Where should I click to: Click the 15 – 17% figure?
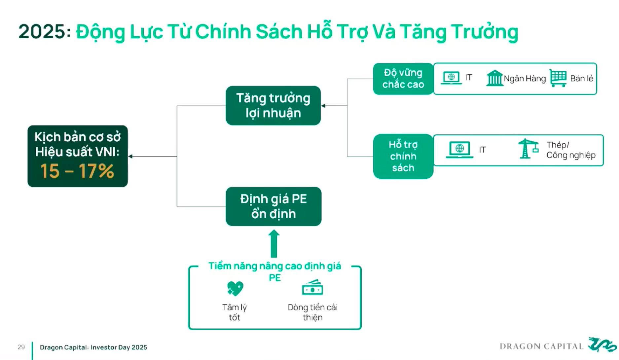pyautogui.click(x=77, y=171)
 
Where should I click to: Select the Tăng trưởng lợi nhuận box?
pyautogui.click(x=273, y=106)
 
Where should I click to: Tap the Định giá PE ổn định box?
pyautogui.click(x=273, y=206)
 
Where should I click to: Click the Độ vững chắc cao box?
pyautogui.click(x=403, y=79)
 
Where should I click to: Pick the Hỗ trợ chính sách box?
pyautogui.click(x=403, y=156)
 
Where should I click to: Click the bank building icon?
pyautogui.click(x=494, y=78)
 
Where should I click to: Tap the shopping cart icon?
pyautogui.click(x=558, y=78)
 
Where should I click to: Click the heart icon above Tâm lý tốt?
pyautogui.click(x=235, y=288)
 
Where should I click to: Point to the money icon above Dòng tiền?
pyautogui.click(x=312, y=288)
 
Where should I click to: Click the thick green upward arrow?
pyautogui.click(x=274, y=244)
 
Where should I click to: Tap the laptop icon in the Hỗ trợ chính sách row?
pyautogui.click(x=459, y=150)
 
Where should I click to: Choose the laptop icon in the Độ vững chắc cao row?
pyautogui.click(x=451, y=78)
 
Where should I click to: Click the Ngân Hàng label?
pyautogui.click(x=525, y=79)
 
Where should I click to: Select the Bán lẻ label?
pyautogui.click(x=582, y=79)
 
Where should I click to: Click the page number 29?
pyautogui.click(x=21, y=347)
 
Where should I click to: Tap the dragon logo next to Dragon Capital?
pyautogui.click(x=602, y=345)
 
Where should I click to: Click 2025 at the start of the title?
pyautogui.click(x=42, y=32)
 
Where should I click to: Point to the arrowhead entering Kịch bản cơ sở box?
pyautogui.click(x=130, y=156)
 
